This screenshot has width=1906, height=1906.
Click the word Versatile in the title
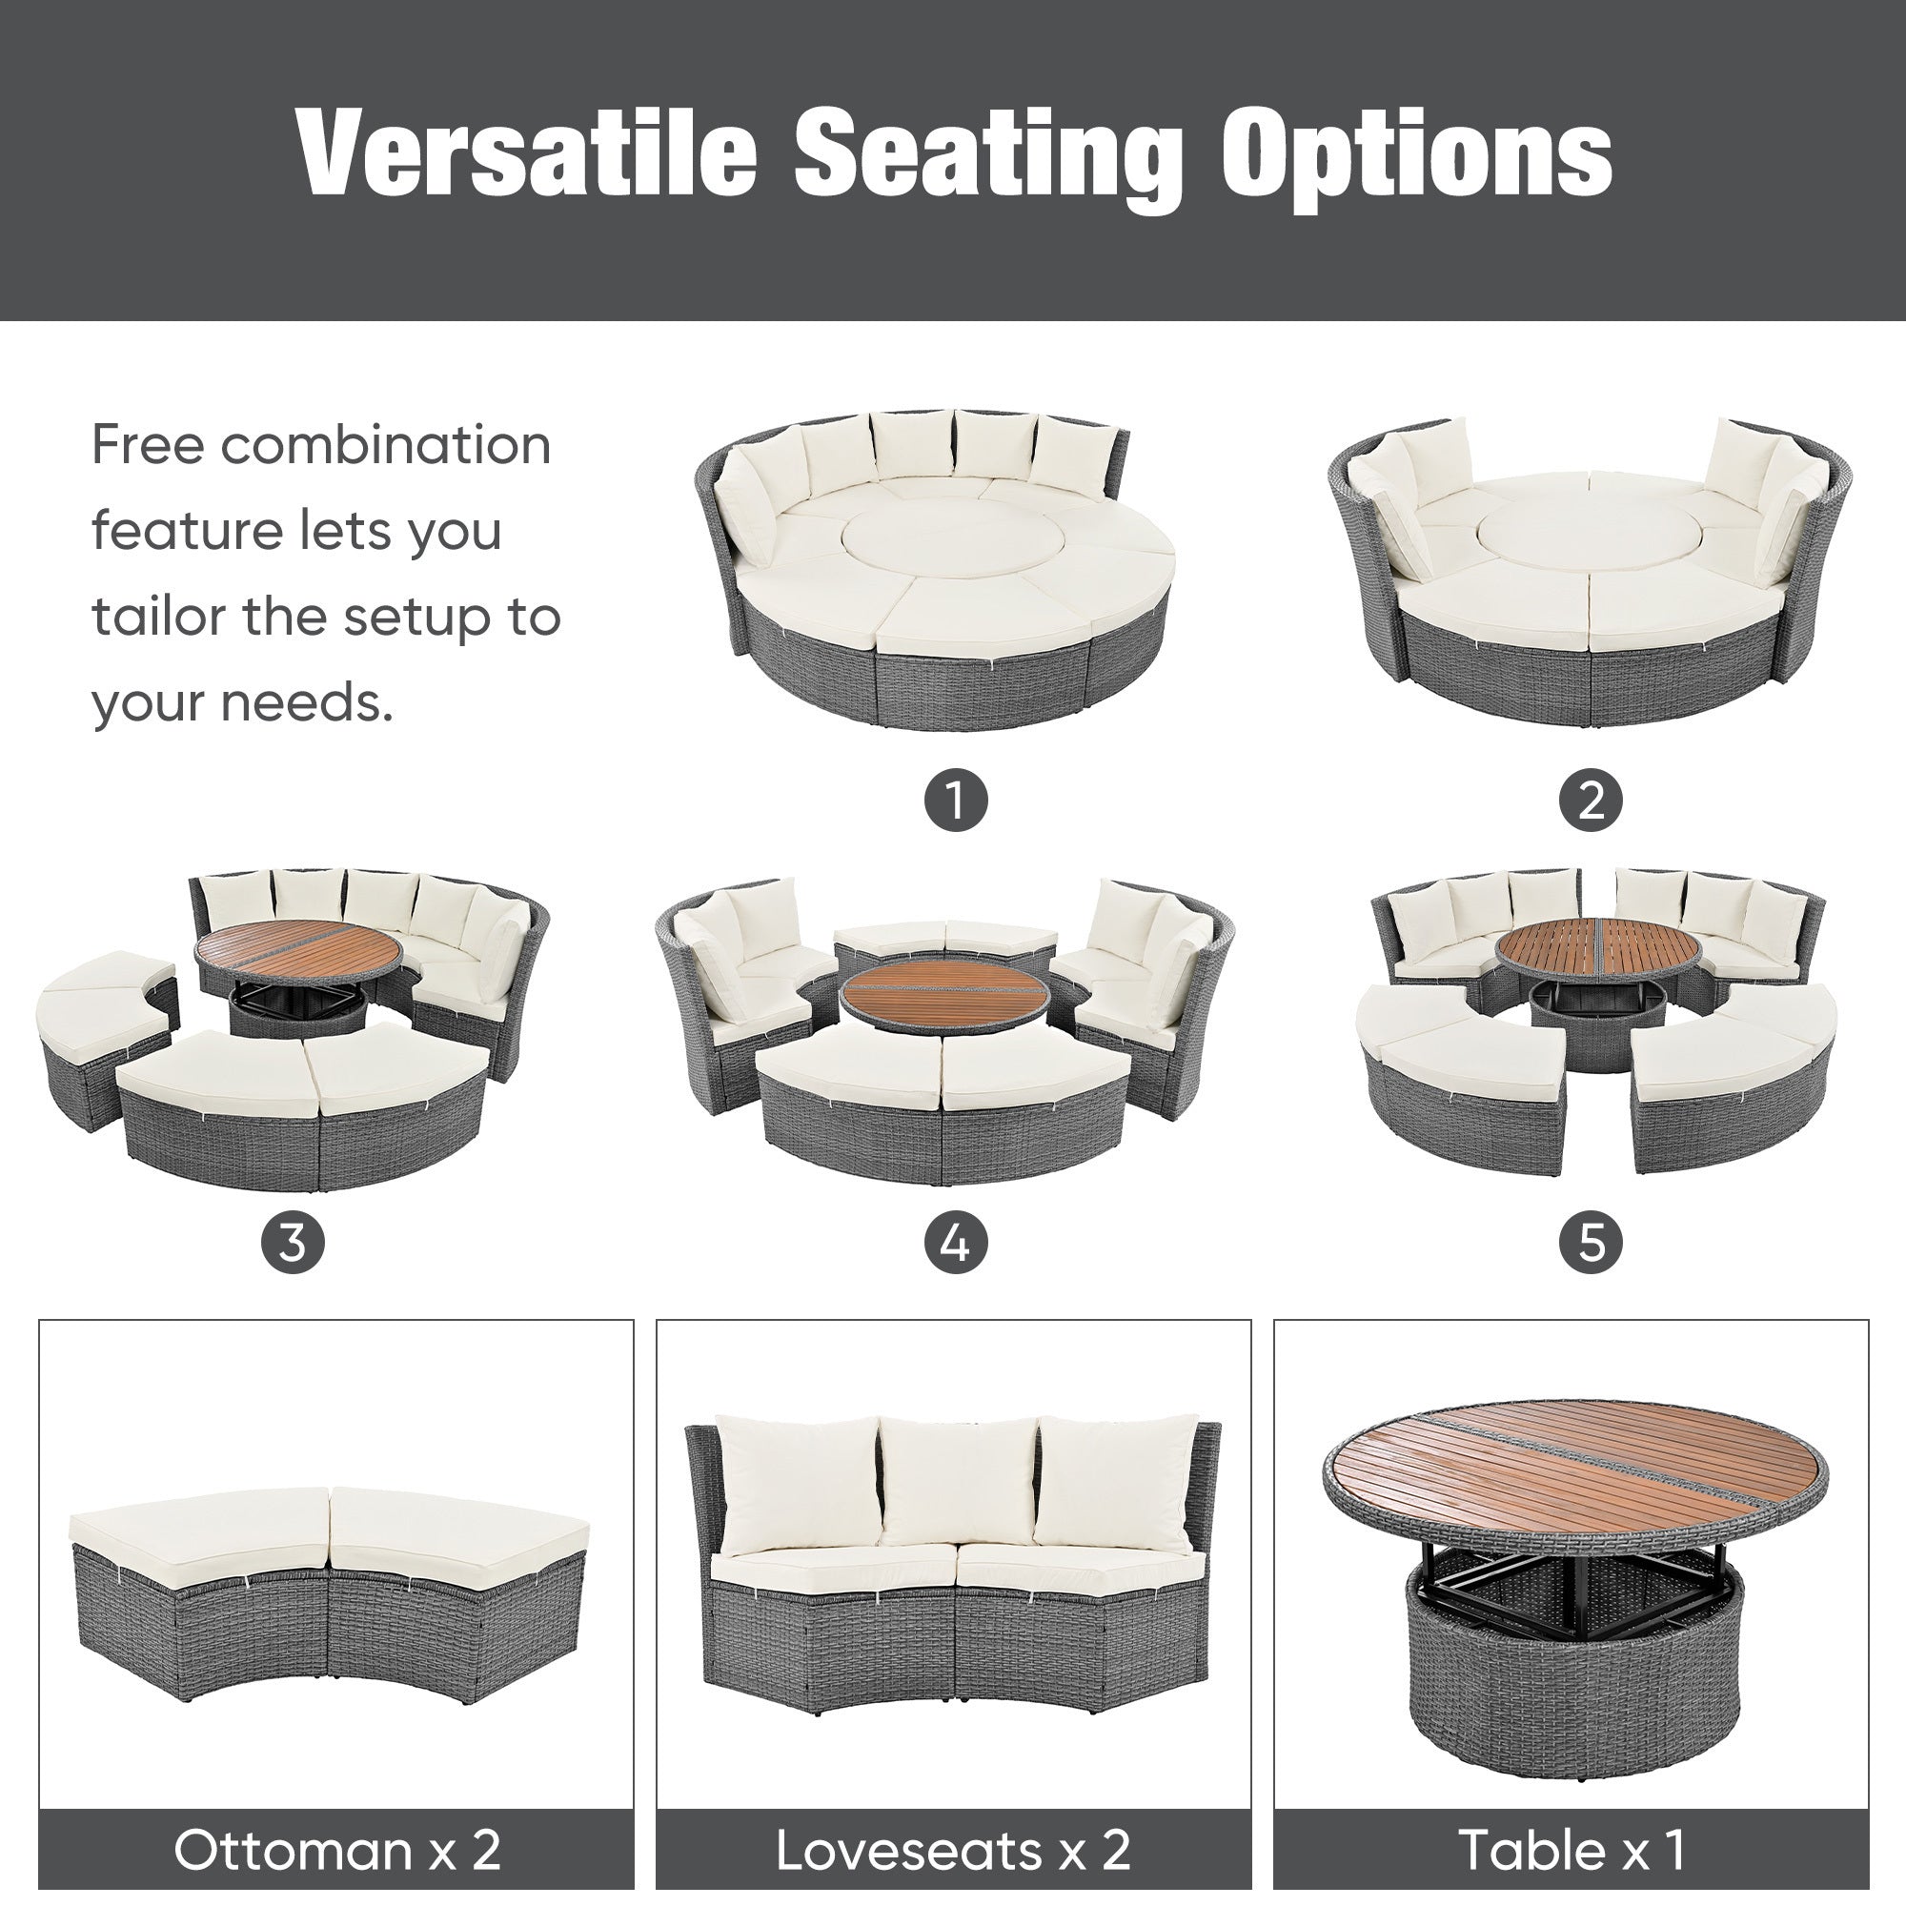click(x=527, y=153)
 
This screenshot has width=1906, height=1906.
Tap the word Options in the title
click(x=1417, y=153)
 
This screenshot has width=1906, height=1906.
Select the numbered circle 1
click(x=955, y=801)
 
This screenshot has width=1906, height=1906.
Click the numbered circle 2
click(x=1591, y=801)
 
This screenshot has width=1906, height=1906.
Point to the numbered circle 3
click(x=293, y=1241)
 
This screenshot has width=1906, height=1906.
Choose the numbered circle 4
click(x=955, y=1241)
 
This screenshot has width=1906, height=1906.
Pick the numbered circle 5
click(x=1591, y=1241)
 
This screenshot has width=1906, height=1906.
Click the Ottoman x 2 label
click(x=336, y=1850)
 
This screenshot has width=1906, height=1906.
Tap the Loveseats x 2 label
click(x=953, y=1850)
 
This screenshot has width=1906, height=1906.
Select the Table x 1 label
click(x=1571, y=1850)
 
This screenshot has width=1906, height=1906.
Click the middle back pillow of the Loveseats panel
click(x=957, y=1484)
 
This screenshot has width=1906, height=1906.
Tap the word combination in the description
click(x=386, y=445)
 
